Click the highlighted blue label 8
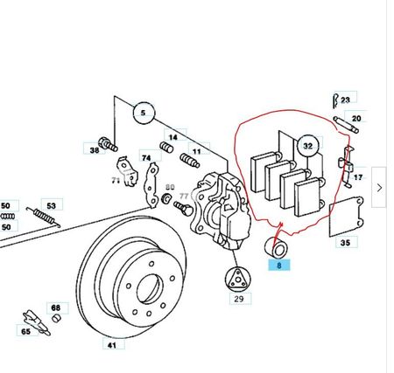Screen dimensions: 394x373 point(279,266)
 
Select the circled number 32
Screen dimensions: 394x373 point(308,146)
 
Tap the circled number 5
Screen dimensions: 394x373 point(144,113)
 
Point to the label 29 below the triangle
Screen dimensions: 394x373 point(240,299)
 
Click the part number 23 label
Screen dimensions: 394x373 point(346,100)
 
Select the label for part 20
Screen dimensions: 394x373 point(356,119)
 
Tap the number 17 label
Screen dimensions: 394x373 point(358,177)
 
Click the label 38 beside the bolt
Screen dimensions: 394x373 point(95,150)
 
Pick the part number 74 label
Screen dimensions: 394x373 point(147,157)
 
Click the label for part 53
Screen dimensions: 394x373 point(52,205)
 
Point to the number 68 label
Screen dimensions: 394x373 point(57,307)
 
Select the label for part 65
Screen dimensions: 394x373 point(26,331)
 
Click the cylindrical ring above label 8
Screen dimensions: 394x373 point(276,248)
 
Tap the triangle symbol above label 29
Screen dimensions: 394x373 point(237,279)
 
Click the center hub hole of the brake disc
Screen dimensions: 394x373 point(149,288)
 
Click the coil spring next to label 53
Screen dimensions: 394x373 point(44,217)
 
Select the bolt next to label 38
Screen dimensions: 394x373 point(108,144)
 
